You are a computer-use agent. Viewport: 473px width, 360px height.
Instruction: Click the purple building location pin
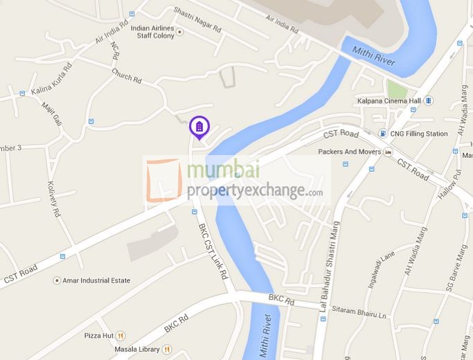pos(198,127)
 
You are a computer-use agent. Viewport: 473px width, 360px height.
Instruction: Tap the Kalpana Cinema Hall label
pos(389,101)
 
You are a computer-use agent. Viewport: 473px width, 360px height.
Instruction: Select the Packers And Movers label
pos(350,151)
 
